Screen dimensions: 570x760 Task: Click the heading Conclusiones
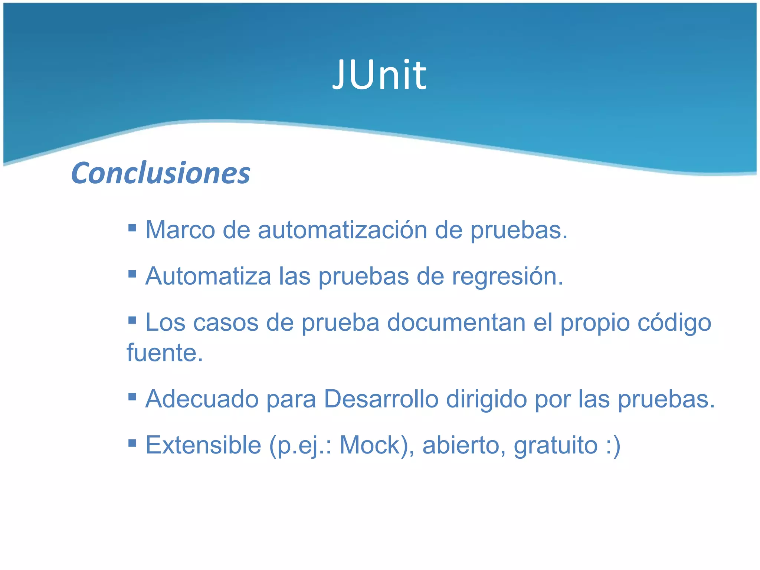[x=161, y=173]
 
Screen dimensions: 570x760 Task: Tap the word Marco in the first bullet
[x=180, y=230]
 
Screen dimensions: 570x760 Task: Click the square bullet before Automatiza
[x=132, y=274]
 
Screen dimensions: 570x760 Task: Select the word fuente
[x=165, y=353]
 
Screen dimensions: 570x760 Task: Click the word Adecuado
[x=202, y=399]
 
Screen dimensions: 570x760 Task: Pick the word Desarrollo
[x=381, y=399]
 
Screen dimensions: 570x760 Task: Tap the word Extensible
[x=203, y=445]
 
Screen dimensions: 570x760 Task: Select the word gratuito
[x=556, y=445]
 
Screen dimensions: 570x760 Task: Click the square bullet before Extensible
[x=132, y=442]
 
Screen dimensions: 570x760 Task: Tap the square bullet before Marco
[x=132, y=227]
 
